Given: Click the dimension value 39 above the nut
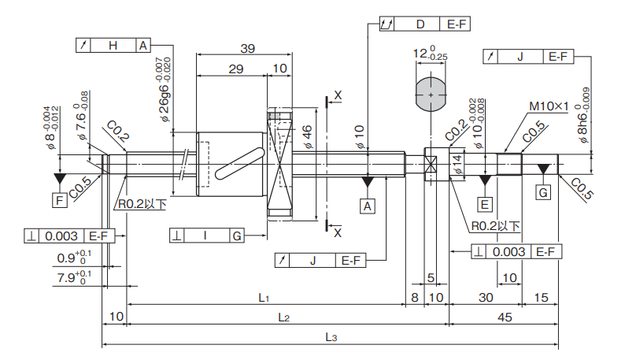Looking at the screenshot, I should [246, 48].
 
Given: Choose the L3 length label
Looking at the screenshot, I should [331, 337].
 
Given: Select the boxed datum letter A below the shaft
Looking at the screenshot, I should [368, 206].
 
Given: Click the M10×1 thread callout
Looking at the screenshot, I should [549, 105].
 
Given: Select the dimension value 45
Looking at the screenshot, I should [505, 317].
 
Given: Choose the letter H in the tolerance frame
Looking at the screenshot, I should [113, 45].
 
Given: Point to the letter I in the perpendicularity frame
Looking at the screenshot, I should [205, 235].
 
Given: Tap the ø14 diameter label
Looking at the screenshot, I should [457, 163].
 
